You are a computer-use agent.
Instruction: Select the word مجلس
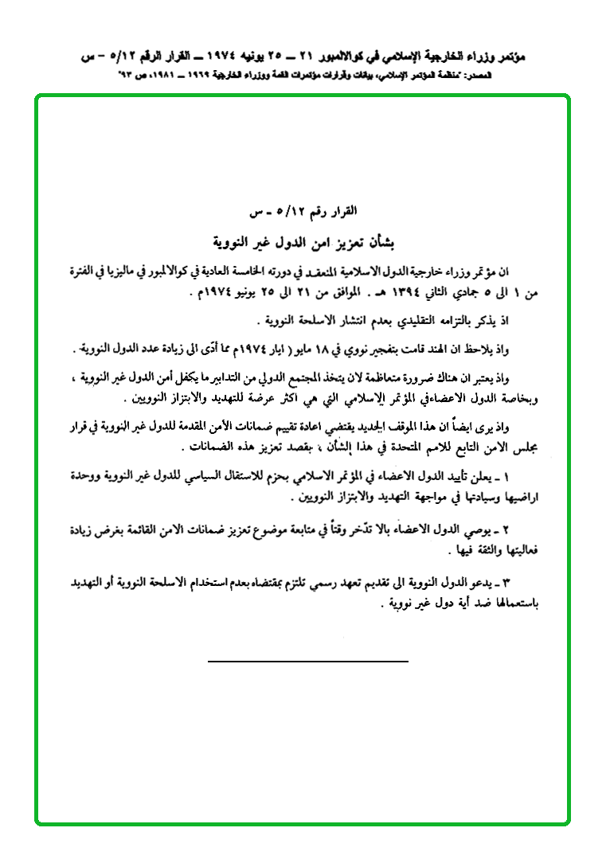click(528, 447)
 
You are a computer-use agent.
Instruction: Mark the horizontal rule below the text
click(307, 662)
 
